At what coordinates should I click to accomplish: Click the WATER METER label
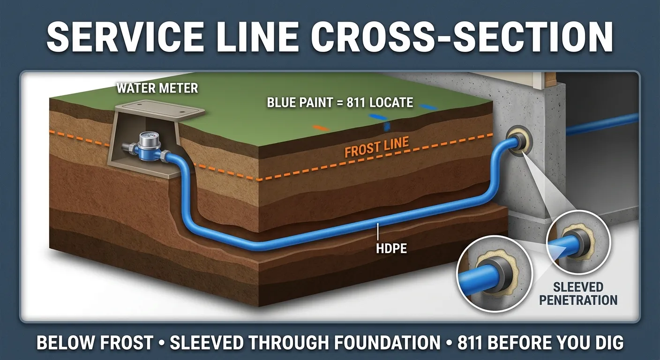tap(157, 88)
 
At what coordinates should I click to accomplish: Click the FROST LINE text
tap(377, 147)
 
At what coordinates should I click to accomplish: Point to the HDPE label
tap(391, 248)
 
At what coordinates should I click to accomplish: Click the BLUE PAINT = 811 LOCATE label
tap(340, 102)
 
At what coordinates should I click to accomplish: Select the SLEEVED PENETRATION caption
tap(577, 293)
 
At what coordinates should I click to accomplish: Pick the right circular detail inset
tap(578, 242)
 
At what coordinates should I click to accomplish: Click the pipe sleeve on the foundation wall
tap(517, 143)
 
